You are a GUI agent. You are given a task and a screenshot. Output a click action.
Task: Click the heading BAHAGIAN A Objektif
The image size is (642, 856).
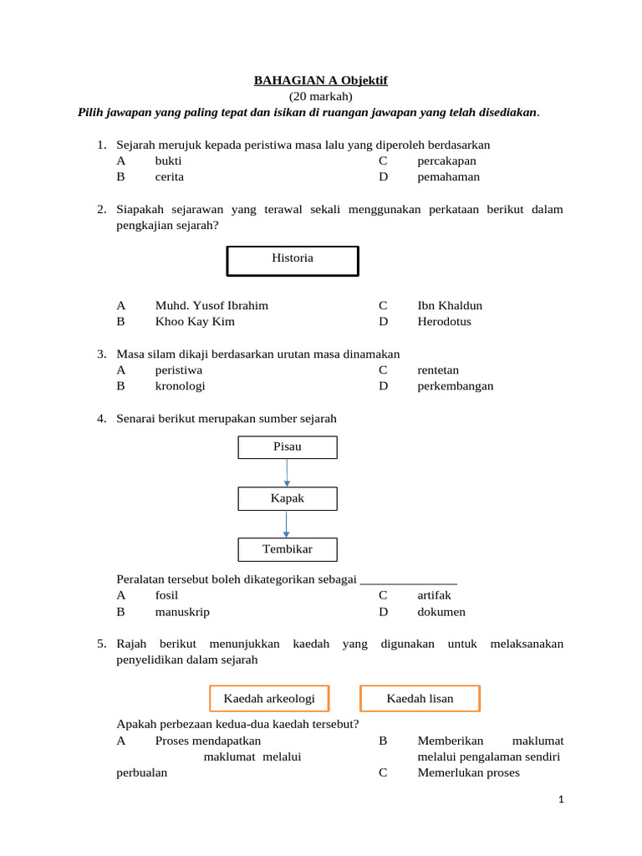(x=321, y=80)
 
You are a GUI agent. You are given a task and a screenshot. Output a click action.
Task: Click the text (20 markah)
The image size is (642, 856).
(x=321, y=96)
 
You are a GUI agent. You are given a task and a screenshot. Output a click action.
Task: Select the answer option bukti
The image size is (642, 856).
(x=169, y=160)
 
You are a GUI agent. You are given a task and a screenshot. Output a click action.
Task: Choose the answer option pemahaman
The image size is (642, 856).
(x=449, y=176)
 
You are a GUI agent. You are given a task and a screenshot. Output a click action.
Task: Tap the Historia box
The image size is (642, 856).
(x=293, y=259)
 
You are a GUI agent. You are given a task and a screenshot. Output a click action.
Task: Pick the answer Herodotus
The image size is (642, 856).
(x=444, y=321)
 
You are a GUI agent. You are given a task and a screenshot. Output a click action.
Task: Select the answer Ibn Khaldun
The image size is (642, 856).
(x=450, y=305)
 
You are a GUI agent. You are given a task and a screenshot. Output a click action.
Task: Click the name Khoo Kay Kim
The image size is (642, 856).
(x=195, y=321)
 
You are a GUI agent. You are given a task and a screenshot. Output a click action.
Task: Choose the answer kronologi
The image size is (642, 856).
(x=180, y=385)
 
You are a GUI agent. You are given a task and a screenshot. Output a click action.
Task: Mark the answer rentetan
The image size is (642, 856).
(x=438, y=369)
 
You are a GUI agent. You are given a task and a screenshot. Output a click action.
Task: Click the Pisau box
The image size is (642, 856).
(x=288, y=447)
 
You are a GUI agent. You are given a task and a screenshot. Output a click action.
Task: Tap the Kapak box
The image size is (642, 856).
(x=288, y=498)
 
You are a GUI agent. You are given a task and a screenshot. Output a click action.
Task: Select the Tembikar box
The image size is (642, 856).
(x=288, y=549)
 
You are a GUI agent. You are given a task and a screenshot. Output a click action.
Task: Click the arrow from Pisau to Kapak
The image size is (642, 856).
(x=287, y=472)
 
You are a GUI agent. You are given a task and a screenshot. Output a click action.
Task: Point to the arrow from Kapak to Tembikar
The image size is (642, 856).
(x=287, y=523)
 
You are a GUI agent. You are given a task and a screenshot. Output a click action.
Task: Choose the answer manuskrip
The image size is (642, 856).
(x=182, y=611)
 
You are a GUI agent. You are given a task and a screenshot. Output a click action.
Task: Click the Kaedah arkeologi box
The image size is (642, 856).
(x=267, y=698)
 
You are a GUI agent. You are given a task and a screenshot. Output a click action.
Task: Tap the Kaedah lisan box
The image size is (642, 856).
(x=420, y=698)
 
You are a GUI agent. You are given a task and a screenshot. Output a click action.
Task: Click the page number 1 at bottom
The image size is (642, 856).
(x=562, y=800)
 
